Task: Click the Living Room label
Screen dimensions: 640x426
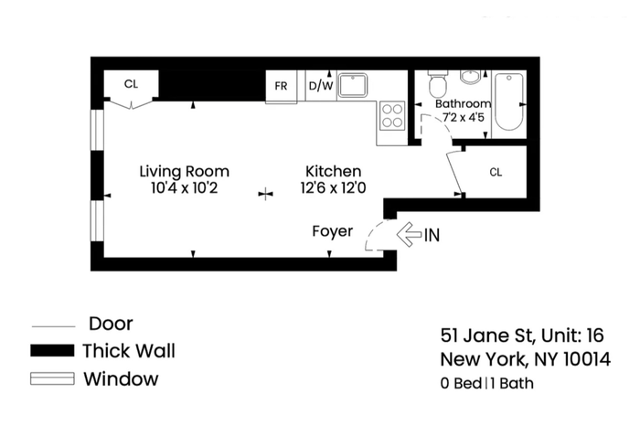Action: (x=185, y=171)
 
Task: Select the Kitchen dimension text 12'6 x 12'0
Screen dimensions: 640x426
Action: (x=333, y=188)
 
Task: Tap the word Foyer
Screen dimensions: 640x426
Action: (x=332, y=231)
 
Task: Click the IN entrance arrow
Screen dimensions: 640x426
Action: (x=409, y=235)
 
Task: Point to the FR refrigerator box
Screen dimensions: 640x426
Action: (x=282, y=87)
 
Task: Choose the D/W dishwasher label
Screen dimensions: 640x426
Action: (x=321, y=86)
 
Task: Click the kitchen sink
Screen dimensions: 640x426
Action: (x=353, y=85)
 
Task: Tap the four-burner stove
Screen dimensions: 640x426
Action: (x=392, y=115)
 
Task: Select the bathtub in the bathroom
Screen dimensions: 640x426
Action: (x=509, y=101)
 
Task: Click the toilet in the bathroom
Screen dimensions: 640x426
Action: (x=438, y=84)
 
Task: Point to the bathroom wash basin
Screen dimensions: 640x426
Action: (x=471, y=76)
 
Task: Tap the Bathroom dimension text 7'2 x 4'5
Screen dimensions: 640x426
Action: (x=464, y=118)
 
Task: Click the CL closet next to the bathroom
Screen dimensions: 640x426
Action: (x=496, y=172)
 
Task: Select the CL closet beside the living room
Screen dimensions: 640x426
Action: (x=131, y=84)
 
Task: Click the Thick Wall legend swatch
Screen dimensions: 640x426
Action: (x=52, y=351)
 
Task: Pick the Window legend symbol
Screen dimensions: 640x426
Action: (x=52, y=378)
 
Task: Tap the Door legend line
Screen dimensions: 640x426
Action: (x=53, y=326)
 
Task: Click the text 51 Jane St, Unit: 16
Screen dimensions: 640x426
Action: (x=522, y=335)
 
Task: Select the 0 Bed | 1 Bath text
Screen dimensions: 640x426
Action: (x=487, y=384)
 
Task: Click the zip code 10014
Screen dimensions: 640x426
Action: (x=587, y=359)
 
